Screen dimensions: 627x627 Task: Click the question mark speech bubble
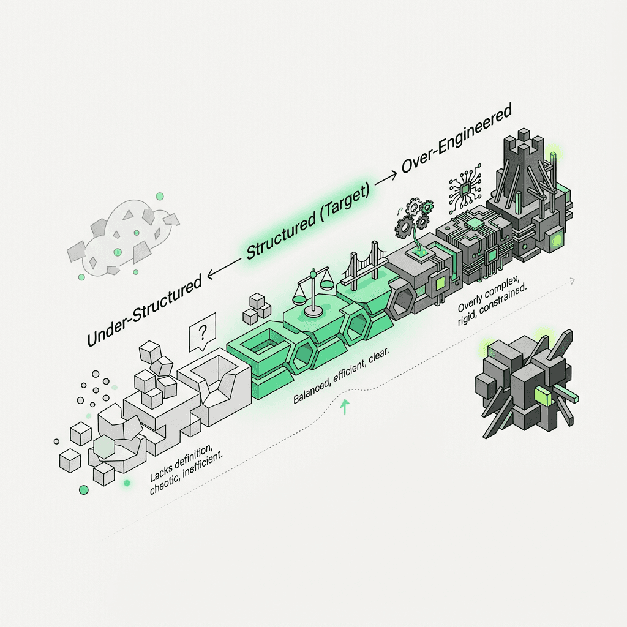pos(202,332)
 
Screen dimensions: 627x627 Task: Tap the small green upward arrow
pos(345,407)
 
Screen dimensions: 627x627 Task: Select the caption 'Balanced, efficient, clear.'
pos(340,377)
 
